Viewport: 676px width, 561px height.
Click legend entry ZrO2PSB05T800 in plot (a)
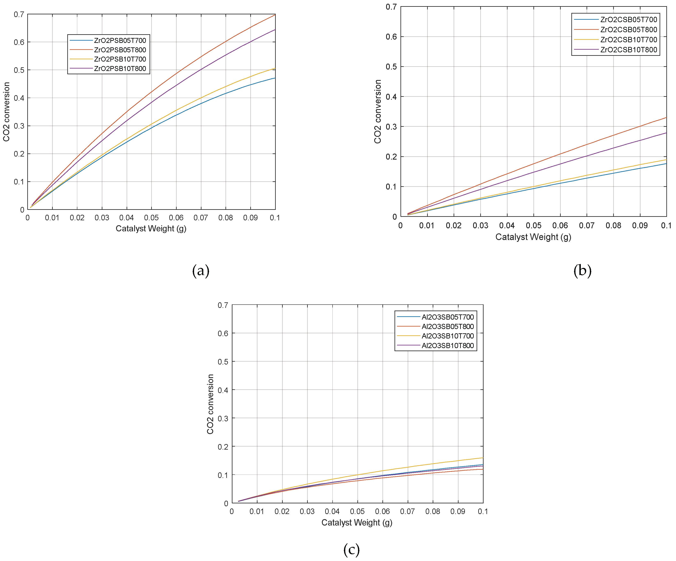[x=120, y=50]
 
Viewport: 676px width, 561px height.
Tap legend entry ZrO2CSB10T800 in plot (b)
[x=628, y=50]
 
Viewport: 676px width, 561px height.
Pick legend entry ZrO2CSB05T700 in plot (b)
[x=628, y=20]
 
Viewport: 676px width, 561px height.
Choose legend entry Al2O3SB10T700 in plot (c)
[x=447, y=336]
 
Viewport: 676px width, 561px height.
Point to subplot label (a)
[x=201, y=271]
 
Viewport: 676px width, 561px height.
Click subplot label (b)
[x=582, y=271]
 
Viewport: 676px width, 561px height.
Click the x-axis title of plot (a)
[x=151, y=229]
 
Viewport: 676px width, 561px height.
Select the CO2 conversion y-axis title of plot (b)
[x=377, y=111]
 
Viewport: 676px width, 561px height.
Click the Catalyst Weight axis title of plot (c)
[x=357, y=522]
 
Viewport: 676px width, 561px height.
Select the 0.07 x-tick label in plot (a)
[x=201, y=218]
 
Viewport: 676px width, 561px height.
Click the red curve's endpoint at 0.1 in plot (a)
[x=275, y=15]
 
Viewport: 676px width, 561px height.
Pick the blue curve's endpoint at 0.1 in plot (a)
[x=275, y=78]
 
